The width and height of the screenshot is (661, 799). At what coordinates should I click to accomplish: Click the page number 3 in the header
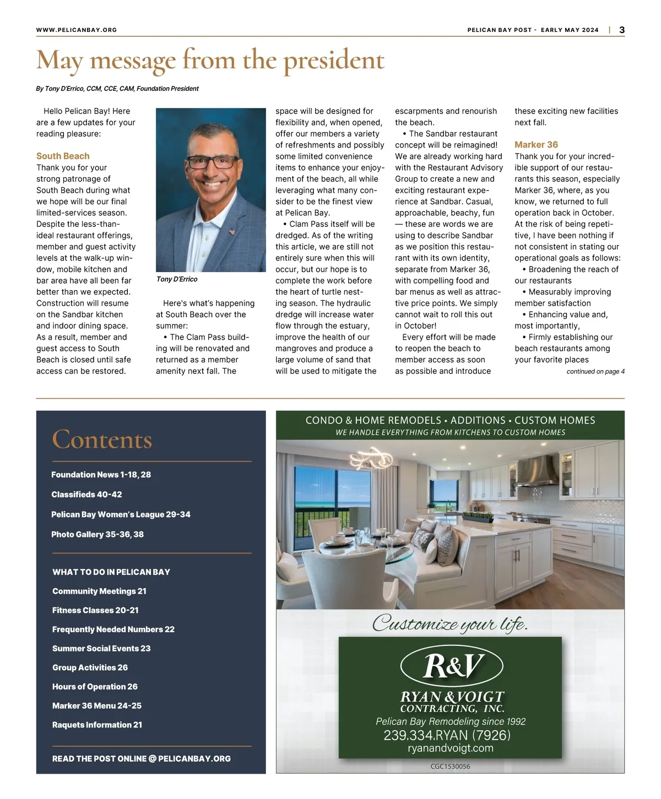(622, 30)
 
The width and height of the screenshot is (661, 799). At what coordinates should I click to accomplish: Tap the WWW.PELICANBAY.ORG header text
(77, 30)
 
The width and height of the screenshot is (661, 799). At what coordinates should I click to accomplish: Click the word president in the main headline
(334, 61)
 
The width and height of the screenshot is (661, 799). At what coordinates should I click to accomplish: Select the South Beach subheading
(63, 156)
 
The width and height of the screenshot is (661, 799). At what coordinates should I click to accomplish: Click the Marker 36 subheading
(536, 145)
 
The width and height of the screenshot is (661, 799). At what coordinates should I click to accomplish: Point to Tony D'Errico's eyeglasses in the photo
(212, 162)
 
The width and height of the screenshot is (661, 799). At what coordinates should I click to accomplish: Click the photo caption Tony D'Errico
(177, 279)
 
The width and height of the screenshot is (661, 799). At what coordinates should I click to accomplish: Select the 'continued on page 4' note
(595, 372)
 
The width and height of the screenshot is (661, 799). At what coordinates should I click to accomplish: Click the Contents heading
(102, 440)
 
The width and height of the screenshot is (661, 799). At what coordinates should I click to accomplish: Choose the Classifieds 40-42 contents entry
(86, 494)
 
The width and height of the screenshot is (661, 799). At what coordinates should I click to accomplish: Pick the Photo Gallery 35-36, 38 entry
(97, 534)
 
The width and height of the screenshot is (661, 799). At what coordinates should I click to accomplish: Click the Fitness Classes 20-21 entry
(95, 610)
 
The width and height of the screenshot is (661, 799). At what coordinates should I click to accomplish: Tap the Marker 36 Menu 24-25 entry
(97, 705)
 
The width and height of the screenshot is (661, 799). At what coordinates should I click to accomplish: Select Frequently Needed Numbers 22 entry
(113, 629)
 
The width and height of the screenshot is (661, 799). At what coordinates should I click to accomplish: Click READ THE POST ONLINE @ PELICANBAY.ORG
(142, 759)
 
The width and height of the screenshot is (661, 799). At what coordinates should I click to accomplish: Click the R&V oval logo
(451, 666)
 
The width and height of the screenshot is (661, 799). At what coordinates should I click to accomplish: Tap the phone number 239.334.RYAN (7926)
(447, 735)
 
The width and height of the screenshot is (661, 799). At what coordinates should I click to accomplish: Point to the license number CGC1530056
(450, 767)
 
